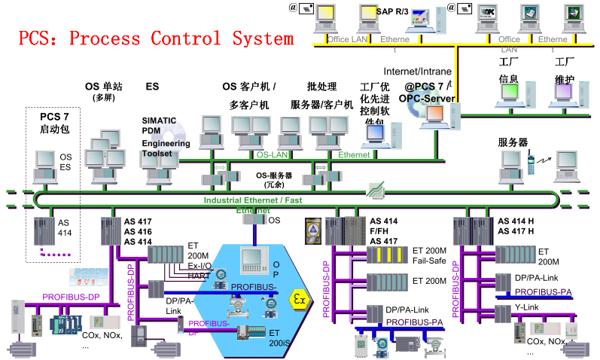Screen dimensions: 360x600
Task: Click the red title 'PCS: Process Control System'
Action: pos(156,38)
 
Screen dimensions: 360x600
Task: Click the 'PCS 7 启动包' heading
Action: pos(54,124)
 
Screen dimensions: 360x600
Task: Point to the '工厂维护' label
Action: pos(565,69)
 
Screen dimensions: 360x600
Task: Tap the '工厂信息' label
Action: pos(509,69)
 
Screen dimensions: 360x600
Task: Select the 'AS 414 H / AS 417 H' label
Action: pos(516,226)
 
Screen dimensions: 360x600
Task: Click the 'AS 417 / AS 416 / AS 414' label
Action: pos(138,231)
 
